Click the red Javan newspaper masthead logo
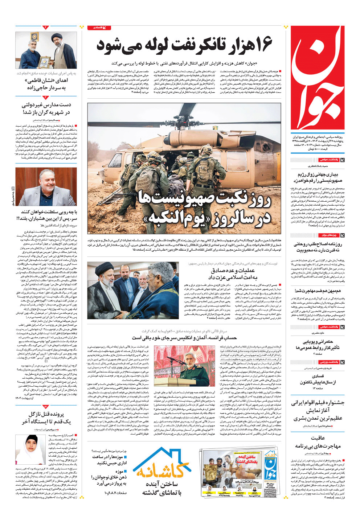coord(318,78)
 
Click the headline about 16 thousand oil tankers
coord(184,46)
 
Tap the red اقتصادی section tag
coord(99,28)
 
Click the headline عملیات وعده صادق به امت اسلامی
coord(232,274)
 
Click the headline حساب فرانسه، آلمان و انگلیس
coord(184,338)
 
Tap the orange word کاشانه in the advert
coord(162,470)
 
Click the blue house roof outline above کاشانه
coord(162,456)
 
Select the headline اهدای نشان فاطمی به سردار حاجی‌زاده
coord(46,84)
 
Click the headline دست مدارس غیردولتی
coord(46,108)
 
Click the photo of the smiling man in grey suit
coord(46,187)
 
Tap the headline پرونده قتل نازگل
coord(46,418)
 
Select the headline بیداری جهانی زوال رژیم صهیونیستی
coord(318,177)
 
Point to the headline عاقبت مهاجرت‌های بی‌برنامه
coord(318,442)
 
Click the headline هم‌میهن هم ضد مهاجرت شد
coord(318,291)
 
